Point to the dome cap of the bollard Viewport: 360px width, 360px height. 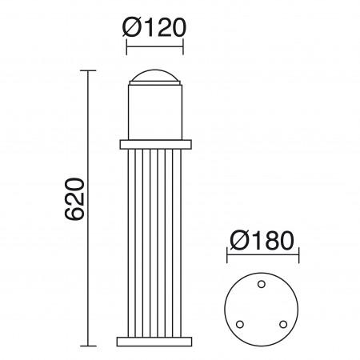coord(156,78)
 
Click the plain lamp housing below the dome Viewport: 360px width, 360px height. coord(156,112)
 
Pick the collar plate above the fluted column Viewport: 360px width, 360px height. coord(156,145)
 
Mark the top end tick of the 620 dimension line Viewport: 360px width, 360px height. coord(87,71)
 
